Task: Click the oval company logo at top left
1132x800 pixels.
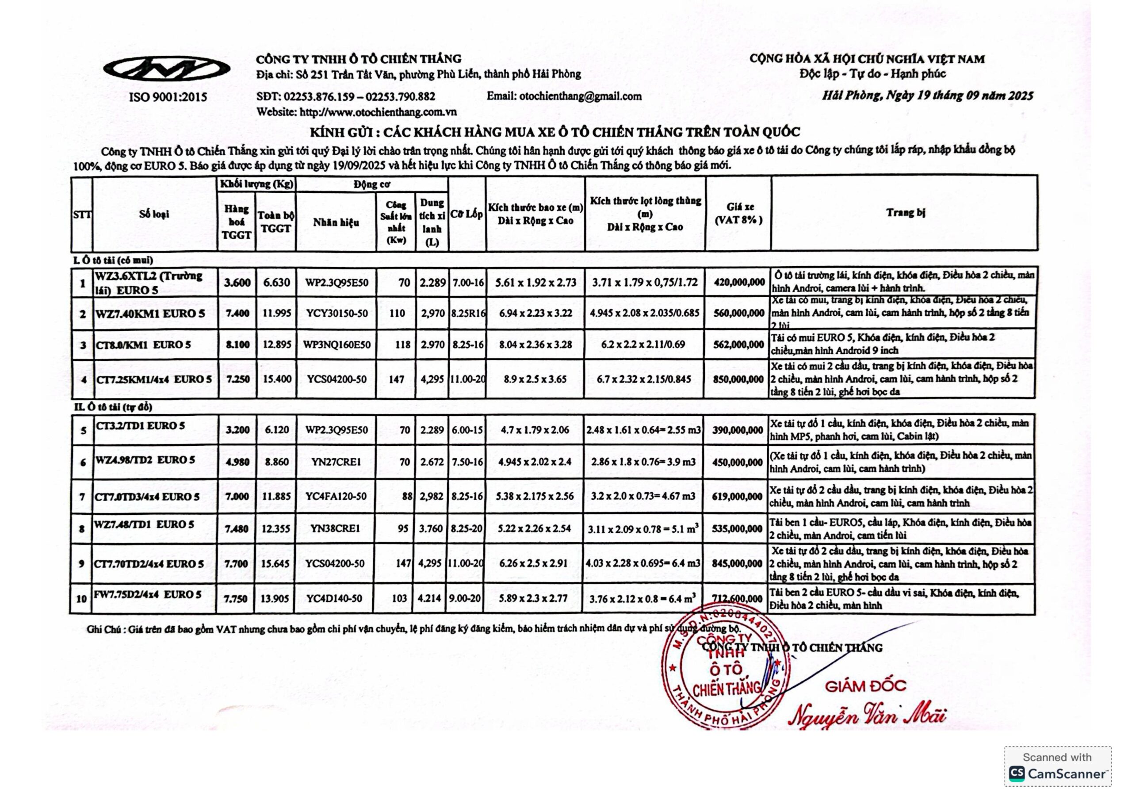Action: tap(167, 69)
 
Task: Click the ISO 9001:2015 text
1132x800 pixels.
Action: tap(168, 97)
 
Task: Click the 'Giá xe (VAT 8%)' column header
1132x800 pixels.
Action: tap(738, 214)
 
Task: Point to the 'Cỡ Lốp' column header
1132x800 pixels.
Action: tap(467, 214)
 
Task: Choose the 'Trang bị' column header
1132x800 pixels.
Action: tap(905, 213)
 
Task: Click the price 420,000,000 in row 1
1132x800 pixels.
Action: tap(739, 282)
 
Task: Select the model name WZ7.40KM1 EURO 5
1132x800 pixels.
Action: tap(150, 314)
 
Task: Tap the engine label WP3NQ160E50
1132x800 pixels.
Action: tap(337, 344)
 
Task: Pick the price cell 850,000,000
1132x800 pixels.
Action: tap(738, 379)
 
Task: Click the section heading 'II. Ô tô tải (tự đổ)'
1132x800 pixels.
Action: tap(113, 407)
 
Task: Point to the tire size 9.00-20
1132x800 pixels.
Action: tap(466, 598)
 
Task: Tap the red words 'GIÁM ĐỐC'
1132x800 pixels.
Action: tap(865, 686)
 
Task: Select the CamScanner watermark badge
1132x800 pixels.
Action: tap(1058, 766)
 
